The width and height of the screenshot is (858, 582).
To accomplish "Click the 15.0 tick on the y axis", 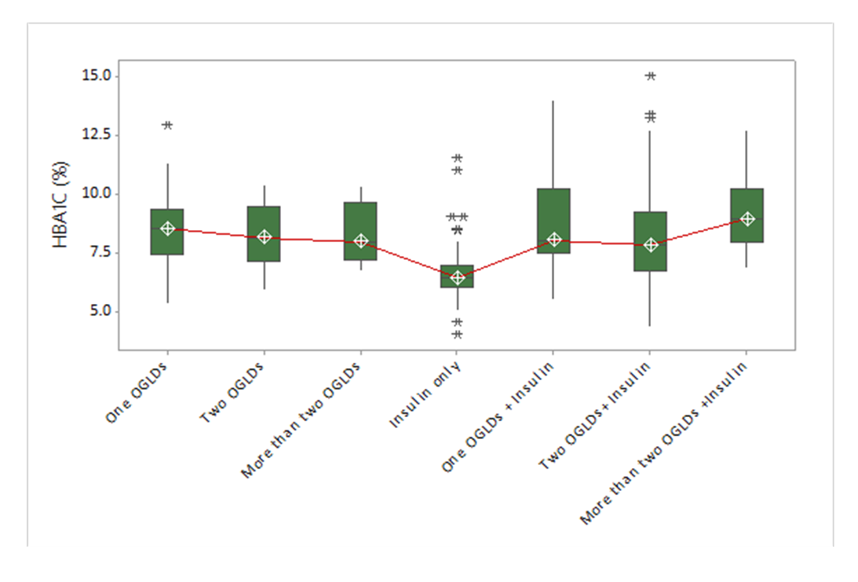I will (x=98, y=76).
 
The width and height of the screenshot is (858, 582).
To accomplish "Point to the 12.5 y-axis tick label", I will (x=98, y=135).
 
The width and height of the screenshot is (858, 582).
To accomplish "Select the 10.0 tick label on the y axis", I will (x=98, y=194).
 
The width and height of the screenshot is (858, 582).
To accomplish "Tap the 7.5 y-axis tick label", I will (x=101, y=253).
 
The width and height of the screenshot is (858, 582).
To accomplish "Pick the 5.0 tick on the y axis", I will (x=101, y=312).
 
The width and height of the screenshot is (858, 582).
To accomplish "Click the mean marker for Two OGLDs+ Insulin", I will (x=650, y=245).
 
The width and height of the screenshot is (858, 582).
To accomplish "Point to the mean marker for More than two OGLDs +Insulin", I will (x=747, y=219).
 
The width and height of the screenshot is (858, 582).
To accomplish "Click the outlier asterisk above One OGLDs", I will (x=167, y=126).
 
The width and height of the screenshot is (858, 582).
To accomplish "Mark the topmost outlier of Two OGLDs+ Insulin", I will (x=650, y=76).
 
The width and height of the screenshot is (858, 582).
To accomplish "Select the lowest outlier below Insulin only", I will (x=457, y=335).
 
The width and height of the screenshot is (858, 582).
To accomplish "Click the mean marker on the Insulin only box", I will (x=457, y=277).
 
